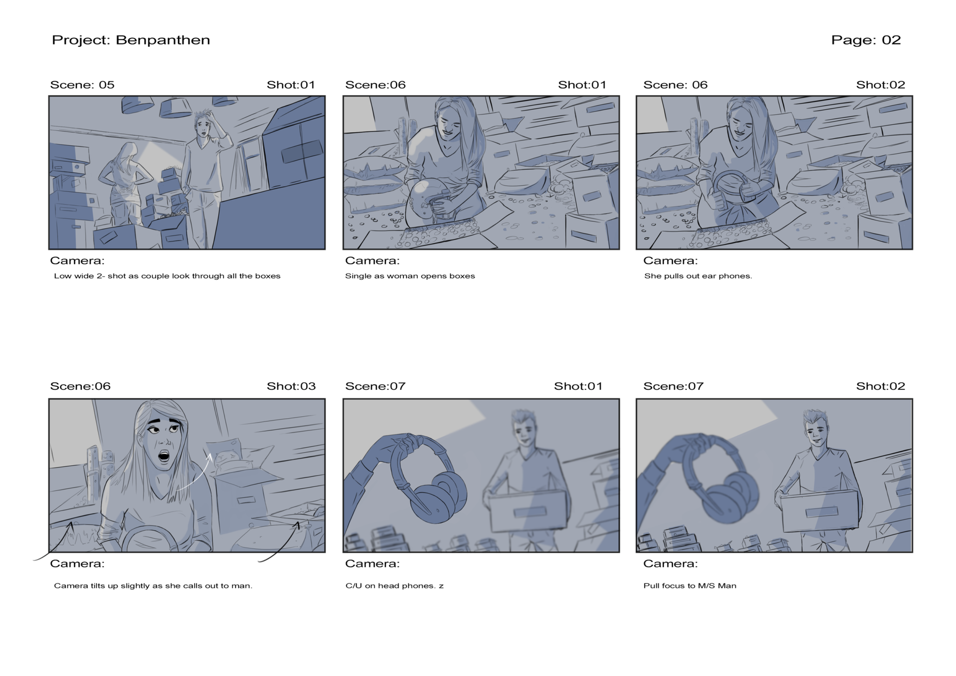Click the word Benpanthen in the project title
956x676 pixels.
point(163,40)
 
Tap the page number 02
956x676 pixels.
point(891,40)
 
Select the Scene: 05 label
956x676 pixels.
point(82,85)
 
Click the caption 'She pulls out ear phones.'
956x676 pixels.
point(698,276)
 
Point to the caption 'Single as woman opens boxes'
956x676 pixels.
point(410,276)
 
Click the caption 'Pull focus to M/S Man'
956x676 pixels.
point(690,585)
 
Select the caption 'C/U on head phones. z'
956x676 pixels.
point(394,585)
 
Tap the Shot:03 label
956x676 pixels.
point(291,386)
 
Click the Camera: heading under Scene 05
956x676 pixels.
point(77,261)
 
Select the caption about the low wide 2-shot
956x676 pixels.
point(167,276)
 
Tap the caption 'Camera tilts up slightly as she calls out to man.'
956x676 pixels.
point(153,585)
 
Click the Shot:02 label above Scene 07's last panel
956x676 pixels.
point(880,386)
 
